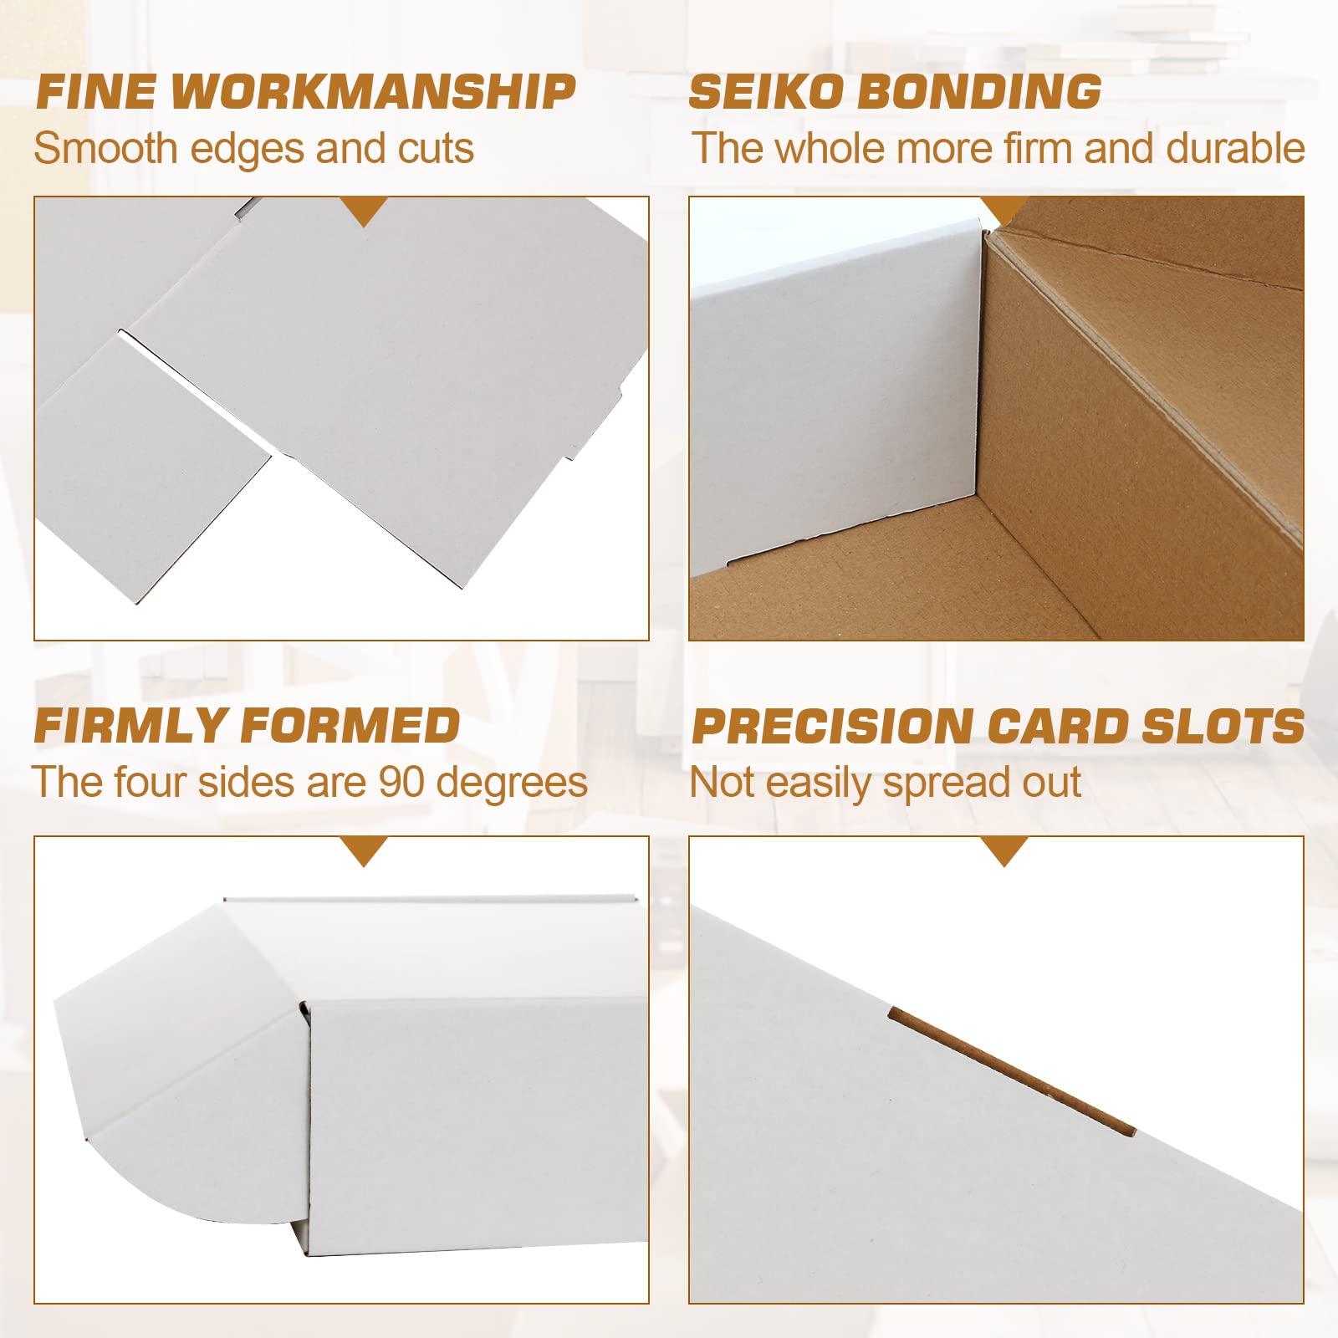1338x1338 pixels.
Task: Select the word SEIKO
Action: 766,92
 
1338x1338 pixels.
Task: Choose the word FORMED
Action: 350,726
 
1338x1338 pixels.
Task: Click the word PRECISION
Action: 832,727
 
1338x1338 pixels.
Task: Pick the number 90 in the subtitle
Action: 401,783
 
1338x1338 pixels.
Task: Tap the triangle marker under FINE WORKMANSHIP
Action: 364,211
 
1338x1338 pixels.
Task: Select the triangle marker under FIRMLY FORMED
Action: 364,850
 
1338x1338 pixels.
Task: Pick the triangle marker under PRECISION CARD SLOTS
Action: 1004,850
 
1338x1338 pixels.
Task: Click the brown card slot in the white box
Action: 1011,1070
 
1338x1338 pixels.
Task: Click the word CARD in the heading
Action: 1058,727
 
